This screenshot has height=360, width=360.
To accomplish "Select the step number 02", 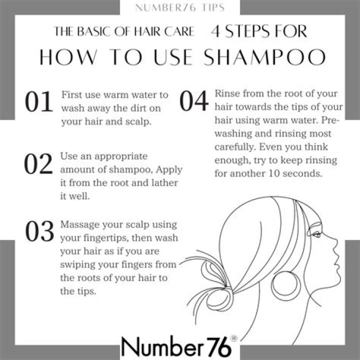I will pos(38,163).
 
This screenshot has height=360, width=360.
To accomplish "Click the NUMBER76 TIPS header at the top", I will pos(179,7).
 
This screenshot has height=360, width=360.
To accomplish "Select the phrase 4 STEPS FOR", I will pos(258,32).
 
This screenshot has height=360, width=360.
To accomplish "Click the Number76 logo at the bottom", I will pos(175,345).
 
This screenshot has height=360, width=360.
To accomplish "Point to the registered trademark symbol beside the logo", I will pos(234,338).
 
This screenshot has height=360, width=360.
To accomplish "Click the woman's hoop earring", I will pos(286,285).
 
